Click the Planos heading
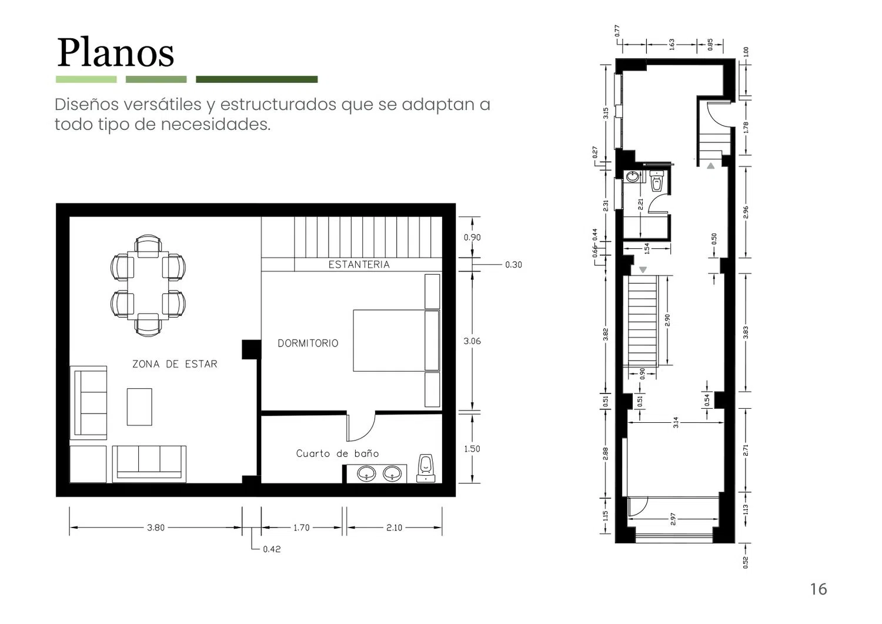tap(115, 53)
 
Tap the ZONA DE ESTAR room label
tap(175, 364)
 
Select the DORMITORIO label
tap(308, 343)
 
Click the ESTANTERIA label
tap(359, 264)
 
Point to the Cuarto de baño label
tap(338, 453)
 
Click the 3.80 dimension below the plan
tap(156, 528)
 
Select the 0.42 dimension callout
tap(272, 549)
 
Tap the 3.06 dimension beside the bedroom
tap(472, 341)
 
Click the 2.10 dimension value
tap(394, 528)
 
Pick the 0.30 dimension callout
tap(513, 265)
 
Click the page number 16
tap(818, 589)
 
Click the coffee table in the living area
tap(139, 407)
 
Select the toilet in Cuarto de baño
tap(426, 468)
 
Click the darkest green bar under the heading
tap(257, 79)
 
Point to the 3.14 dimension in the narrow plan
tap(676, 422)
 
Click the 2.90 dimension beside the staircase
tap(667, 320)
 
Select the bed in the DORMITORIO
tap(396, 341)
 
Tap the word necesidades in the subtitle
tap(216, 125)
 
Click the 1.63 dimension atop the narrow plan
tap(671, 44)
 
